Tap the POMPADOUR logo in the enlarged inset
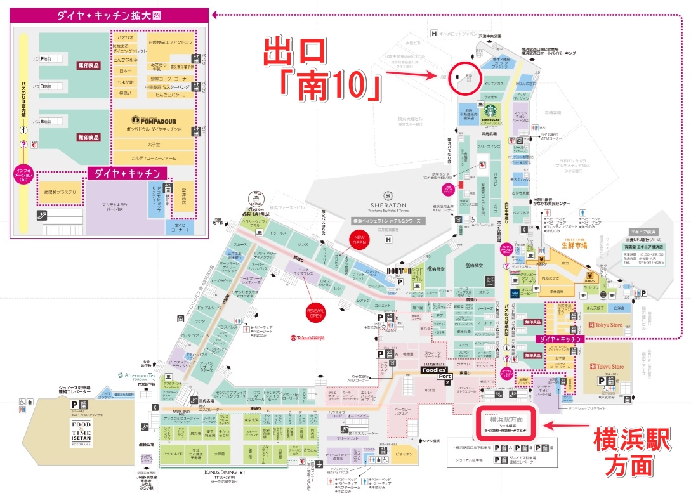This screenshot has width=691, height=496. coord(152,120)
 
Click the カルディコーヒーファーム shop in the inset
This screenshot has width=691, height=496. coord(152,159)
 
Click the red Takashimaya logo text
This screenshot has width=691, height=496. coord(308,337)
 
